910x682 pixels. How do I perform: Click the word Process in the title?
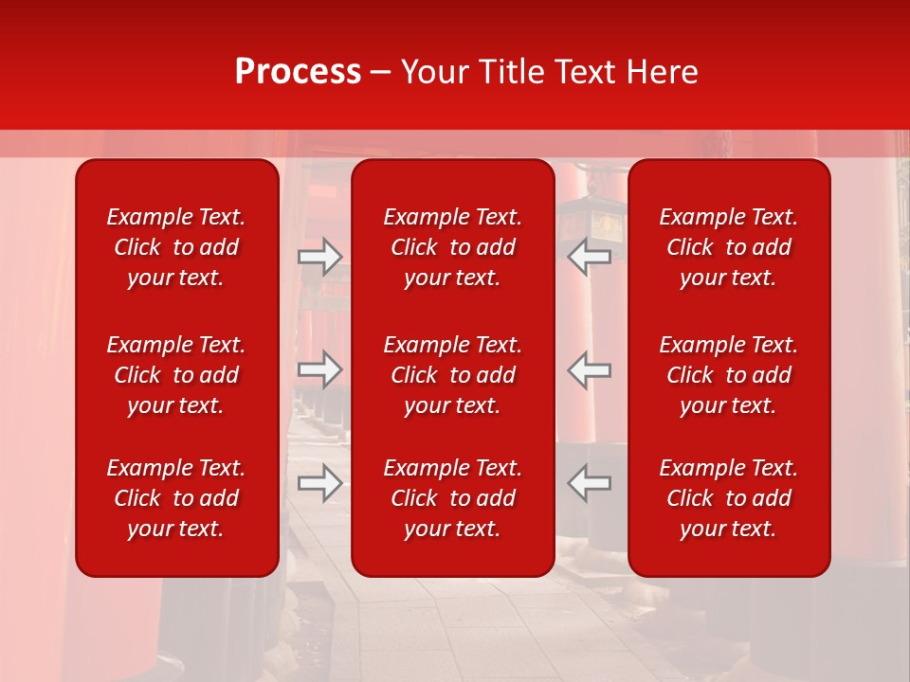[x=298, y=72]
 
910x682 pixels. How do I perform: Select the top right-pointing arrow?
[x=319, y=256]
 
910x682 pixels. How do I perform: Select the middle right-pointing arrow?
[x=319, y=369]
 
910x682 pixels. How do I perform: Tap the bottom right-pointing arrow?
[x=319, y=483]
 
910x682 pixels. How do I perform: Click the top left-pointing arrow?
[x=590, y=256]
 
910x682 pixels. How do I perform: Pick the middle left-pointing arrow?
[x=590, y=369]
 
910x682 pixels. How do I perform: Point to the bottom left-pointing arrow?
[x=590, y=483]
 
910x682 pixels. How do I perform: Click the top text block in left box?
[x=176, y=247]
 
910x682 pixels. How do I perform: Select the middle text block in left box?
[x=176, y=375]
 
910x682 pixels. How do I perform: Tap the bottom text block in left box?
[x=176, y=498]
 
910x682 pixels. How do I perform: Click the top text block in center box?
[x=453, y=247]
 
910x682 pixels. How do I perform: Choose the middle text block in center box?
[x=453, y=375]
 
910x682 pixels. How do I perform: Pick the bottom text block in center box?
[x=453, y=498]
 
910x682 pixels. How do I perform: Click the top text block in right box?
[x=729, y=247]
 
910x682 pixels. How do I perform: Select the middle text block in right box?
[x=729, y=375]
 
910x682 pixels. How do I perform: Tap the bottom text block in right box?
[x=729, y=498]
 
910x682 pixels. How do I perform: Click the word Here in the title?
[x=663, y=72]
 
